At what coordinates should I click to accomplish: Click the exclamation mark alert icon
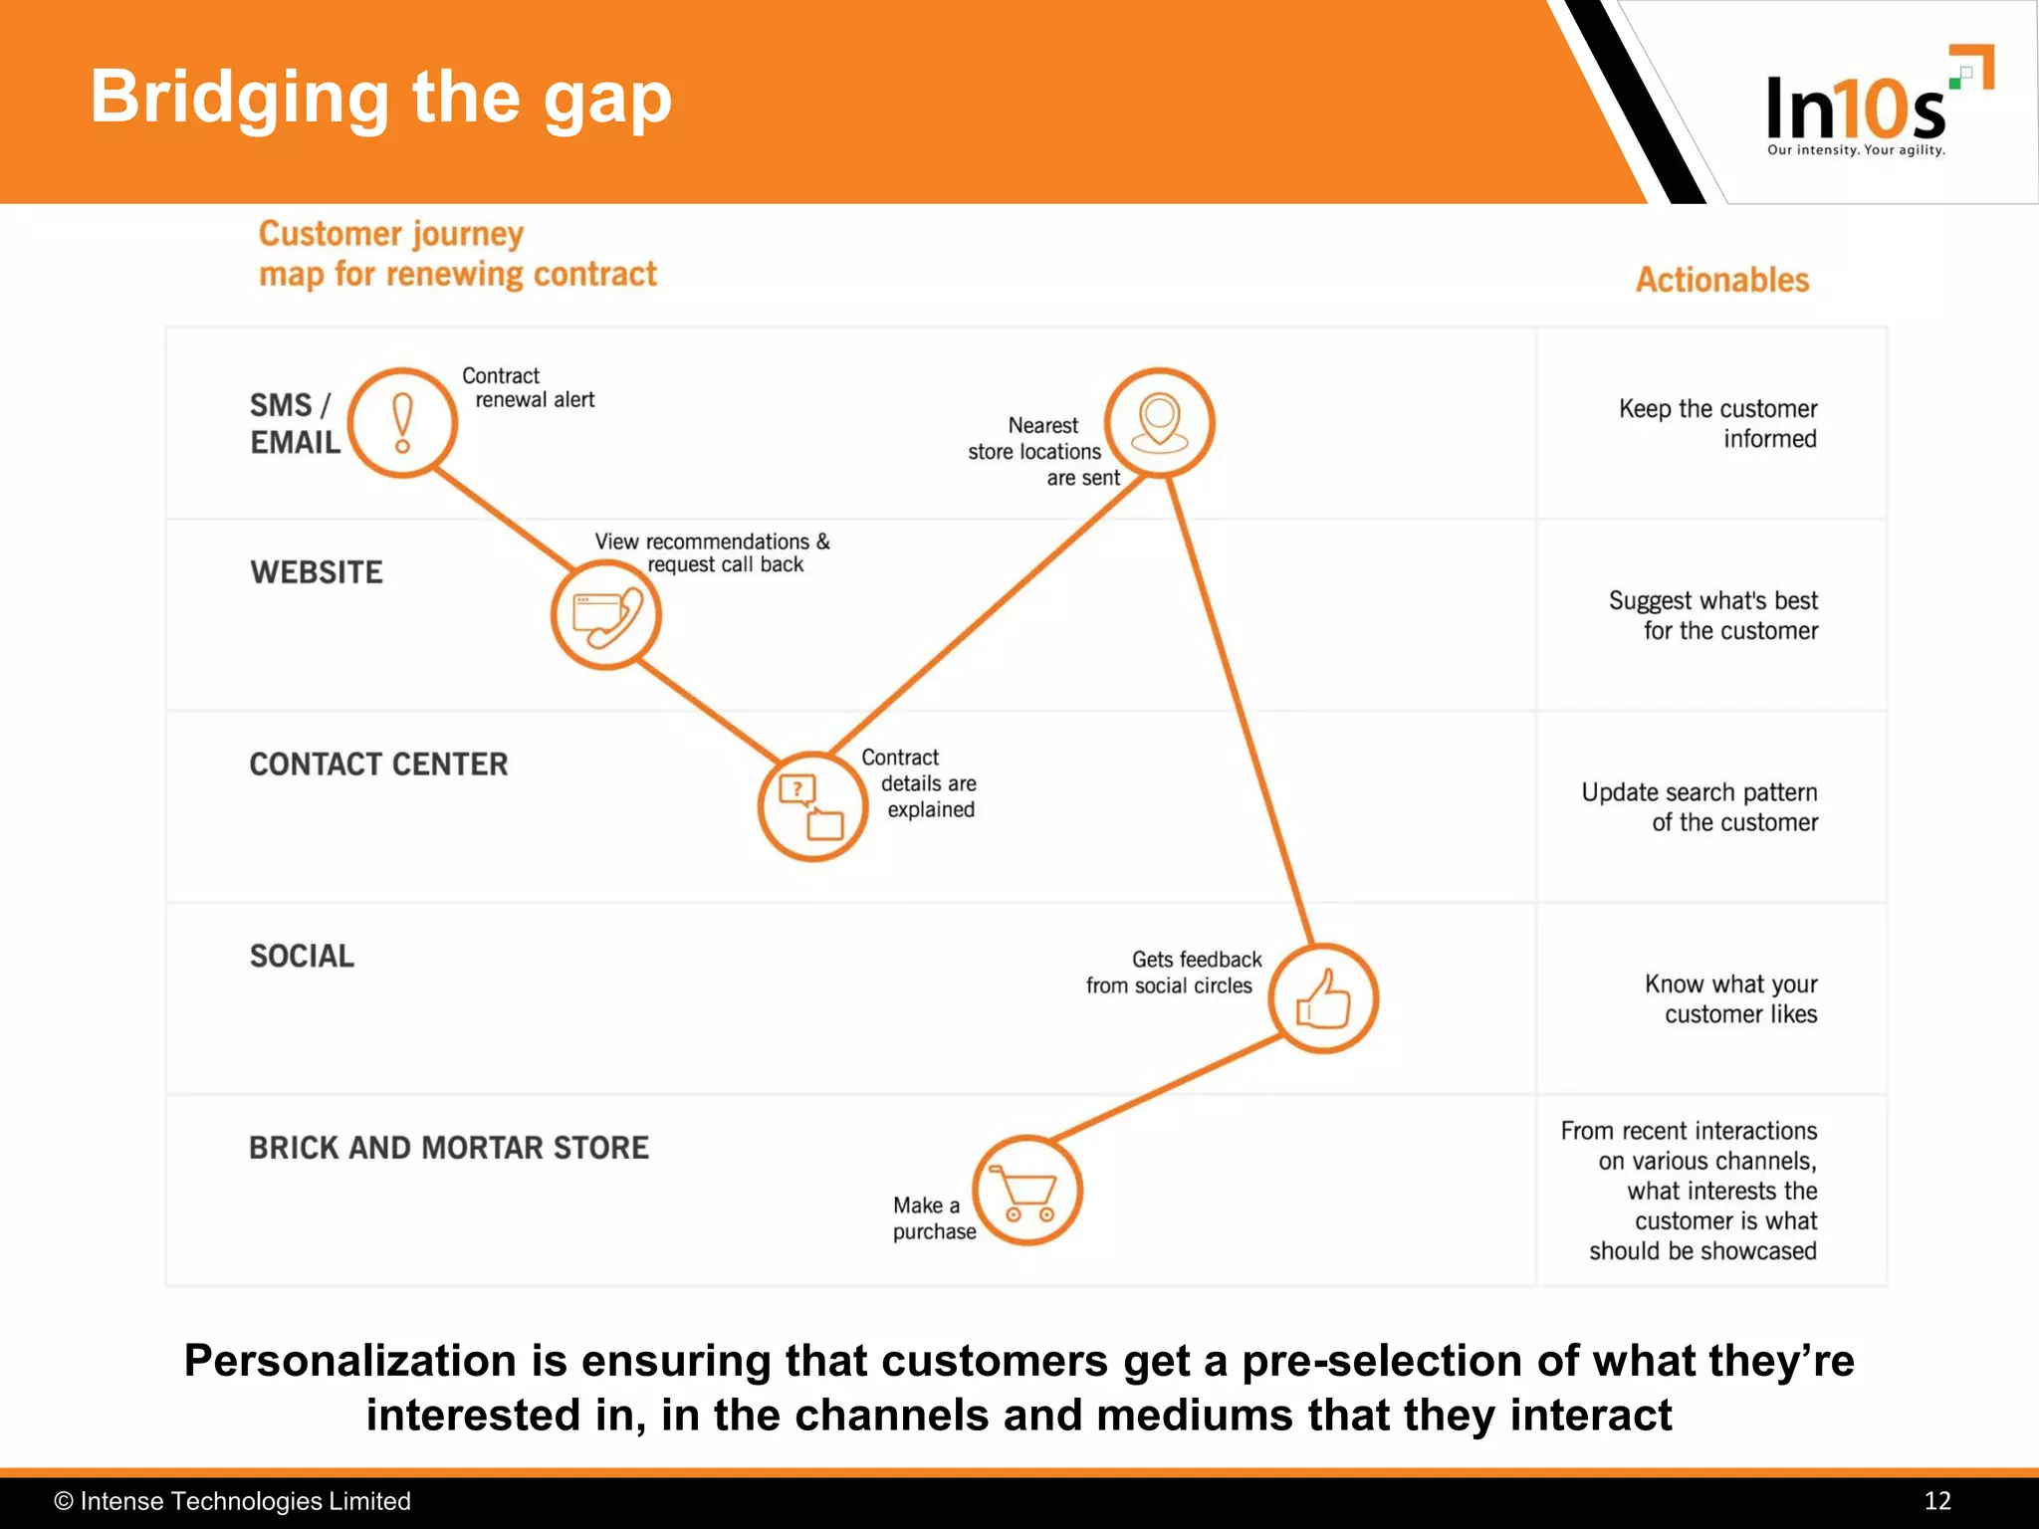[402, 423]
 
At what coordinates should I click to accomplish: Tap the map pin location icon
[1160, 423]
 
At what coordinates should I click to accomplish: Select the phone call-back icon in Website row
[606, 615]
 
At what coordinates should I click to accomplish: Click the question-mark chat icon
[812, 805]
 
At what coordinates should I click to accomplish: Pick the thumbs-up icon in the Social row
[1323, 998]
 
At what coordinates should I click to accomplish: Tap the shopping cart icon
[1027, 1191]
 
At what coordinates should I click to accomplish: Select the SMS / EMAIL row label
[295, 423]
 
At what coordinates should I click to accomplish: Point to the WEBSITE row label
[317, 572]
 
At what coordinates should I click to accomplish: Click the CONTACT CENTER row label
[378, 764]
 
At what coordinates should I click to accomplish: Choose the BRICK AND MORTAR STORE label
[449, 1148]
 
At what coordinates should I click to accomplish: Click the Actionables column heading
[1722, 280]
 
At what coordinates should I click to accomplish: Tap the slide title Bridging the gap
[380, 98]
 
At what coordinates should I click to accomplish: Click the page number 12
[1937, 1501]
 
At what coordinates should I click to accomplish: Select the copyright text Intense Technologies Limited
[233, 1501]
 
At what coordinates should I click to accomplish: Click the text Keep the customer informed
[1718, 424]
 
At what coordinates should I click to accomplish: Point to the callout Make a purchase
[933, 1218]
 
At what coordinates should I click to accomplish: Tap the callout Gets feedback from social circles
[1173, 973]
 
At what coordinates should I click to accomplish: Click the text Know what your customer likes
[1732, 998]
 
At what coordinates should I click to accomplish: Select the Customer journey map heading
[458, 254]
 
